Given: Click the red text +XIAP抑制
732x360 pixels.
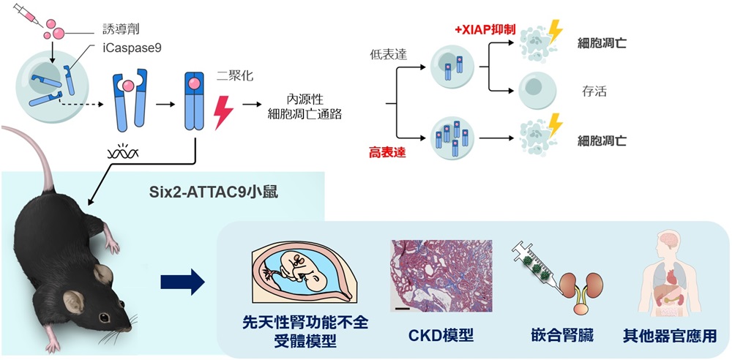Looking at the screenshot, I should (485, 30).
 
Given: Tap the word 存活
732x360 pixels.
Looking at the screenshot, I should (593, 92).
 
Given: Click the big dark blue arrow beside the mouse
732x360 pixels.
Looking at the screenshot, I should (182, 281).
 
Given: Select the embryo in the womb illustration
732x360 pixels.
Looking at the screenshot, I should (302, 270).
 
